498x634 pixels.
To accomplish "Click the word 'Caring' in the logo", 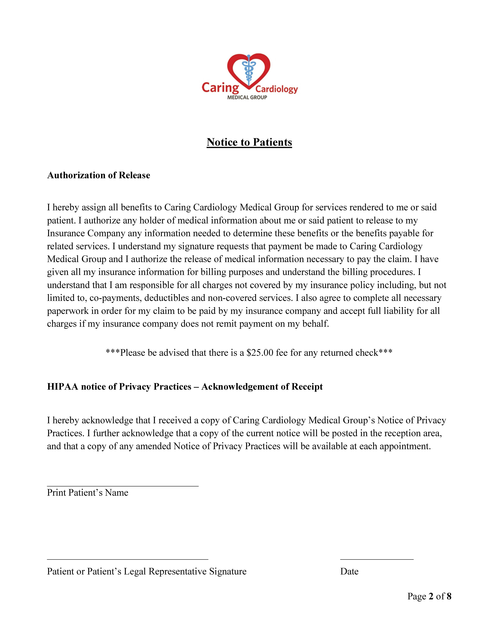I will click(x=220, y=88).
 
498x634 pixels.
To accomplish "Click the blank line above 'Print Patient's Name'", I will click(x=123, y=486).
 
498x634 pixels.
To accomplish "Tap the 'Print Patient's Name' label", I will click(x=87, y=493).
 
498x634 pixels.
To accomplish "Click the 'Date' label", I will click(x=349, y=571).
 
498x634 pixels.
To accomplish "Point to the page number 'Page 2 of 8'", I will click(x=429, y=596).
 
